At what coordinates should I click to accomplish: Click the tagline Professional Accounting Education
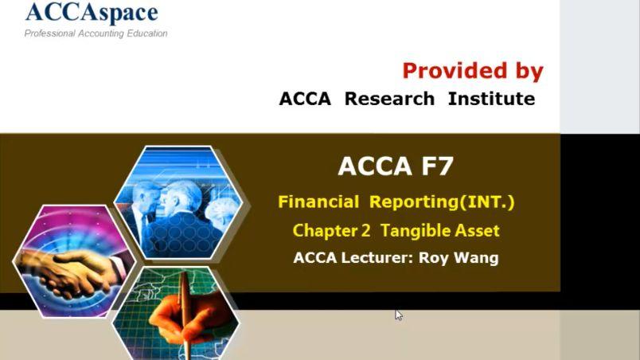[96, 33]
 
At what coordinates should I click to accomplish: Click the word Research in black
[389, 99]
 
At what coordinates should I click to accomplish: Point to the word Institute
[491, 99]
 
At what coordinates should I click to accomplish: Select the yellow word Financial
[318, 202]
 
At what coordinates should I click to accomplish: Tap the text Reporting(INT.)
[442, 202]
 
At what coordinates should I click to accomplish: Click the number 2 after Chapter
[365, 231]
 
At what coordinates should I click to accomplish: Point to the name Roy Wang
[459, 258]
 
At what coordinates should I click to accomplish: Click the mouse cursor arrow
[398, 315]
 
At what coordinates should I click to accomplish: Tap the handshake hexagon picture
[74, 261]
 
